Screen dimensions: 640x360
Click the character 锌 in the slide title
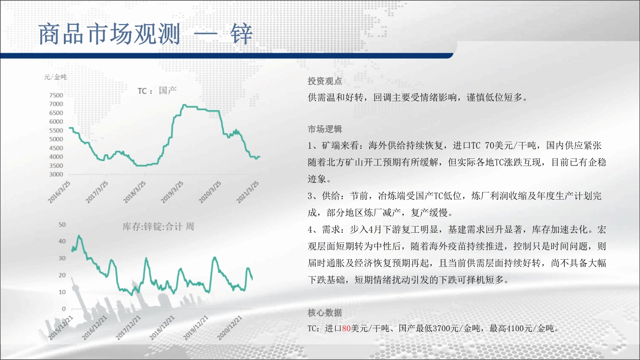pos(242,34)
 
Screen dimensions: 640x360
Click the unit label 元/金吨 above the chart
pos(55,77)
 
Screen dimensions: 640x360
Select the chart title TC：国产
pos(157,91)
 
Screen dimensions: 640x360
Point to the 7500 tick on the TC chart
pos(56,95)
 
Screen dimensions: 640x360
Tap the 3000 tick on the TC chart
pos(56,174)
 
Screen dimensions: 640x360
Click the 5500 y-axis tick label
pos(56,130)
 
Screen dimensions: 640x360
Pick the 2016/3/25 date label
pos(59,192)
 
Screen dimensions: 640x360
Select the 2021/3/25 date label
pos(248,192)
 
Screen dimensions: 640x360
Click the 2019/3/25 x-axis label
pos(172,192)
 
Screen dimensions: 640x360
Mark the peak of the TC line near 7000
pos(184,105)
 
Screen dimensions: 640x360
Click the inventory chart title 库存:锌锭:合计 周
pos(158,227)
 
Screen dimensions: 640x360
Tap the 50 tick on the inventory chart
pos(62,225)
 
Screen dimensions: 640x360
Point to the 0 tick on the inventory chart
pos(64,309)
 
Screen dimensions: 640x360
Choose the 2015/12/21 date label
pos(60,328)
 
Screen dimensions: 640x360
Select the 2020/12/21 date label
pos(229,328)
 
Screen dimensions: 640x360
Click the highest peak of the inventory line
pos(79,236)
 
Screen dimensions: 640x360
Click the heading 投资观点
pos(325,81)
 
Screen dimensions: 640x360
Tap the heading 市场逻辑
pos(325,129)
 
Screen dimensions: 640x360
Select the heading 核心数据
pos(325,312)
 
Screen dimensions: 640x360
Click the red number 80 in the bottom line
pos(346,329)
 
